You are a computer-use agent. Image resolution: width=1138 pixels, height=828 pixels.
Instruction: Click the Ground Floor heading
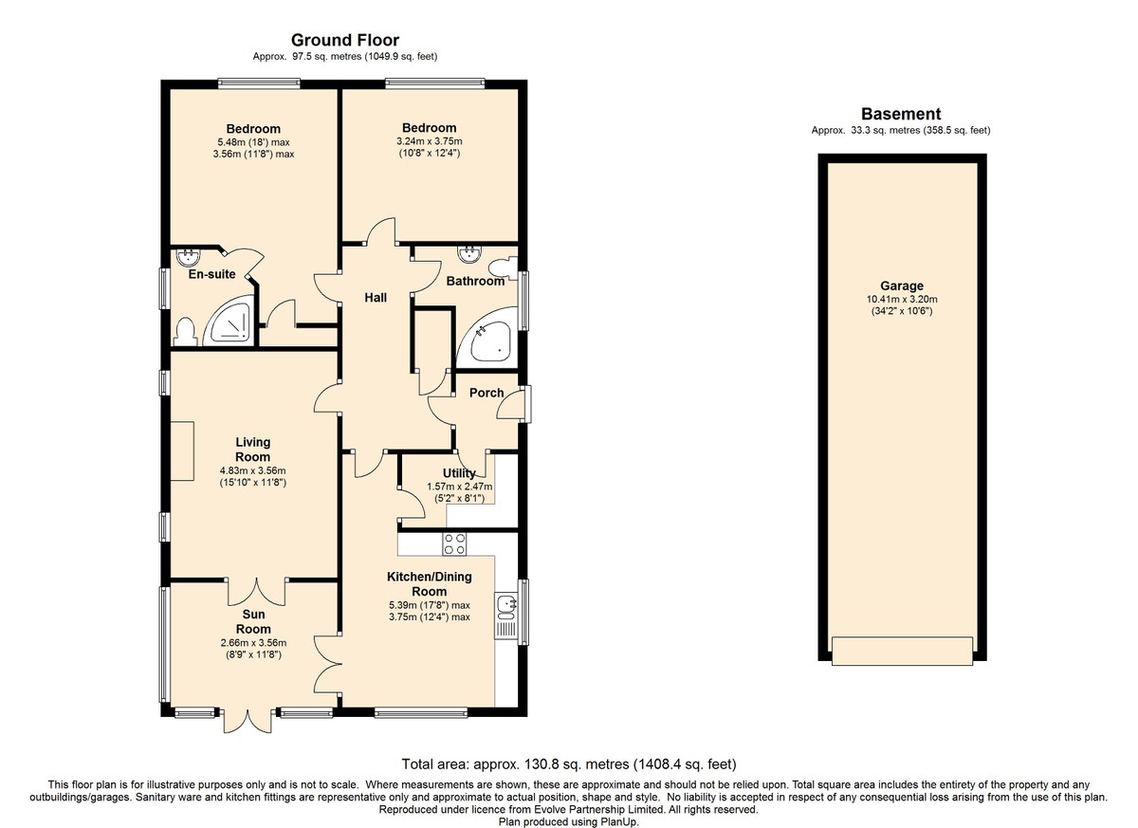click(x=345, y=40)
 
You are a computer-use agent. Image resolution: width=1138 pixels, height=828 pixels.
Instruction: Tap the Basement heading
click(x=901, y=114)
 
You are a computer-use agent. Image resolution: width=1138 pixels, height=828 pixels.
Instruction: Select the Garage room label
click(x=902, y=286)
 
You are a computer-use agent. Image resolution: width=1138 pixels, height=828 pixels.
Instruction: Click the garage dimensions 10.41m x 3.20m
click(x=902, y=299)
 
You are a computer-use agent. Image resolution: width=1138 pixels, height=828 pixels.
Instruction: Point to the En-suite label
click(x=211, y=274)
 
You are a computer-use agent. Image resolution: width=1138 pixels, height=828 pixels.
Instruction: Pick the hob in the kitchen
click(x=454, y=544)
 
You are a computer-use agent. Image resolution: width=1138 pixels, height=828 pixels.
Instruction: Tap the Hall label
click(x=376, y=298)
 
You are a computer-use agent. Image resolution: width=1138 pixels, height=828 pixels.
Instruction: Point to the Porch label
click(x=486, y=393)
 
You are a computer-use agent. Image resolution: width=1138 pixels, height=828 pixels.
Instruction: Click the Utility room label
click(x=459, y=473)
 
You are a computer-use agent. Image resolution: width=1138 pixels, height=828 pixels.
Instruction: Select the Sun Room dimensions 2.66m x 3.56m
click(x=253, y=643)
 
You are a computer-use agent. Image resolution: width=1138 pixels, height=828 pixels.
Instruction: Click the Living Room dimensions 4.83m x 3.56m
click(x=253, y=470)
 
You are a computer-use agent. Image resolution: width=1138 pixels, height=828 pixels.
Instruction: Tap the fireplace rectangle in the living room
click(x=182, y=451)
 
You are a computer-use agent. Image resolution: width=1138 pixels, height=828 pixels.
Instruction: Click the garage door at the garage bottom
click(x=902, y=651)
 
